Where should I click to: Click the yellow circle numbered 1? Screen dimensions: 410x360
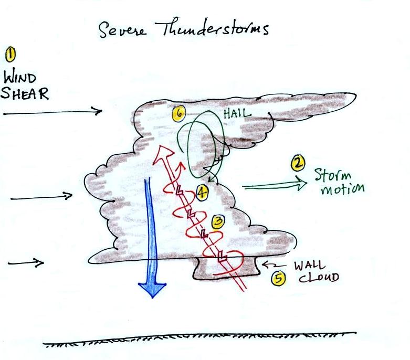[10, 55]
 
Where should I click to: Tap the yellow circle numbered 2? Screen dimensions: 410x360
[298, 163]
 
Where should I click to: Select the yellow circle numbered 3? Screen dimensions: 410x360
[218, 222]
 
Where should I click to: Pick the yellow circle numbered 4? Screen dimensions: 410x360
[202, 193]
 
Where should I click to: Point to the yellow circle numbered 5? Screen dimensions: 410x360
[279, 278]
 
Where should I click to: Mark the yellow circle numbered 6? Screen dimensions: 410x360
[179, 113]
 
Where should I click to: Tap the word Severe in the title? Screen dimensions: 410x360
[122, 29]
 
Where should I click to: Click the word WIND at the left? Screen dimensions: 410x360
[19, 78]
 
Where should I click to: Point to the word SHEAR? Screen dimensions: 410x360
[25, 93]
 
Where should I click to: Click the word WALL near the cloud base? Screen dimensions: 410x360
[310, 266]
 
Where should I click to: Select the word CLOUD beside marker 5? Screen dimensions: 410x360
[319, 278]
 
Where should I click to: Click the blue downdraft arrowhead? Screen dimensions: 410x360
[152, 290]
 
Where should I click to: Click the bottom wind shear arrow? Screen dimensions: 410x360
[26, 263]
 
